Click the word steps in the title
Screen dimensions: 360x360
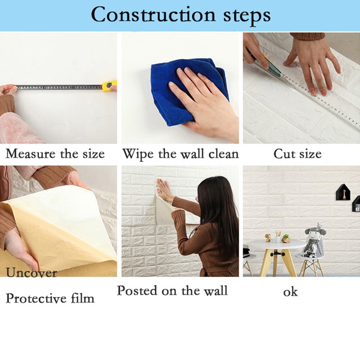(240, 15)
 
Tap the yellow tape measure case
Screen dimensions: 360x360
(109, 85)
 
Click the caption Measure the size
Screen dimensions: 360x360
(55, 154)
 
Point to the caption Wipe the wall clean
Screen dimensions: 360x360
(180, 154)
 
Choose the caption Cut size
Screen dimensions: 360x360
(297, 154)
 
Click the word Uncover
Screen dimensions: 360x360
(31, 272)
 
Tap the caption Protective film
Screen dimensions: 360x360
(50, 298)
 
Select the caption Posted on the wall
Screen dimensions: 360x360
(172, 291)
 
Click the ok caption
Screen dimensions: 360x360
(290, 292)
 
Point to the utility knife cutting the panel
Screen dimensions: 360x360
(265, 63)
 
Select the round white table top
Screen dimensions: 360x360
(274, 244)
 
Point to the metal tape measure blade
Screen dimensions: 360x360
(58, 86)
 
